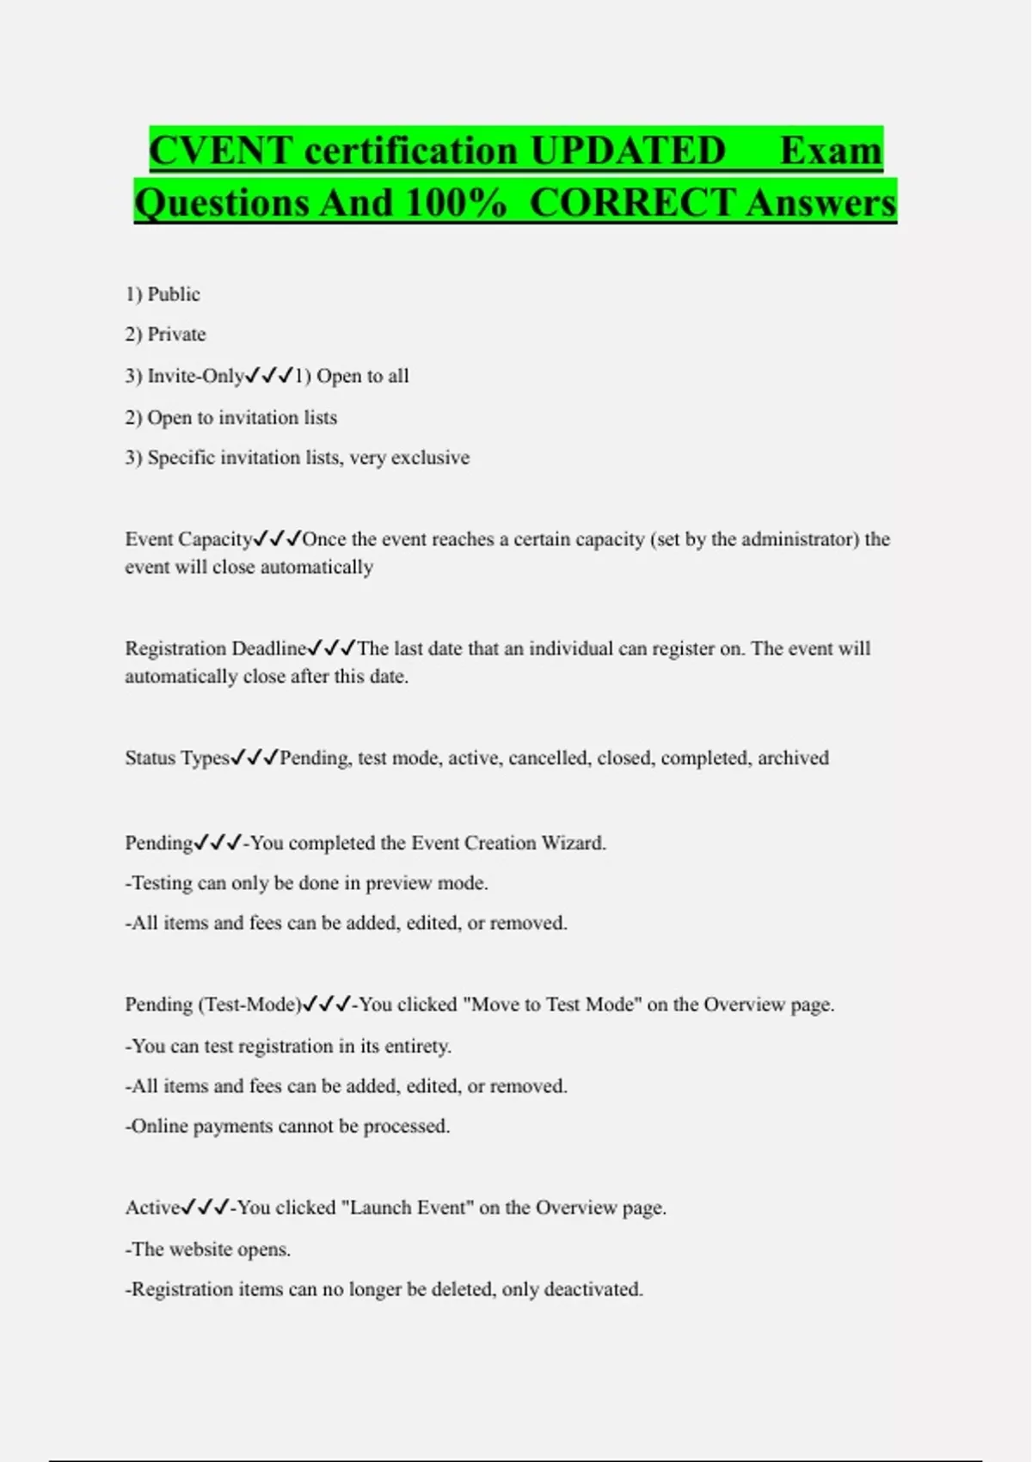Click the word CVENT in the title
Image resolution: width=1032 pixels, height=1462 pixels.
coord(221,151)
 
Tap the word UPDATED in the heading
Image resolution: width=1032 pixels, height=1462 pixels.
coord(628,151)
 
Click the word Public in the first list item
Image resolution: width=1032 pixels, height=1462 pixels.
coord(174,294)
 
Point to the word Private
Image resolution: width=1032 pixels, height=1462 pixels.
coord(176,334)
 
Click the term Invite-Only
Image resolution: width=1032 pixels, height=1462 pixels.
coord(196,376)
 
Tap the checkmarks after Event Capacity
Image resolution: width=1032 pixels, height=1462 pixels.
coord(277,539)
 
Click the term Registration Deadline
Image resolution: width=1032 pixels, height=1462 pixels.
coord(216,648)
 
